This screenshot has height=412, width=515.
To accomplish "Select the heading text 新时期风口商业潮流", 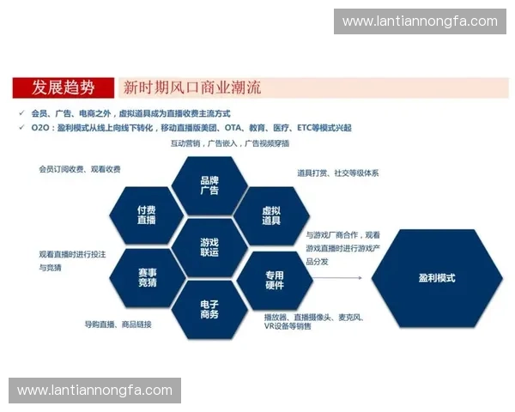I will click(192, 88).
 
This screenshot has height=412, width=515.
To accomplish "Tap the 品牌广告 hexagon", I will click(209, 185).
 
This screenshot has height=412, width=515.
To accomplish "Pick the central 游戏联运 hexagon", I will click(209, 247).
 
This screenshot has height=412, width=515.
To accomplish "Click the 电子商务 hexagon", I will click(209, 309).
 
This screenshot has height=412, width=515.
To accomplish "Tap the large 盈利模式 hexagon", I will click(437, 278).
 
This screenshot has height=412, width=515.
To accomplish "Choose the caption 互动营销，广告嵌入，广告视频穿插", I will click(229, 143).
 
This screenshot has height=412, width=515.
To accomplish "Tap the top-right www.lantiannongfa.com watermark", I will click(420, 21).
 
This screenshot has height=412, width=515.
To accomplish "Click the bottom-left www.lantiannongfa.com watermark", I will click(95, 391).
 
